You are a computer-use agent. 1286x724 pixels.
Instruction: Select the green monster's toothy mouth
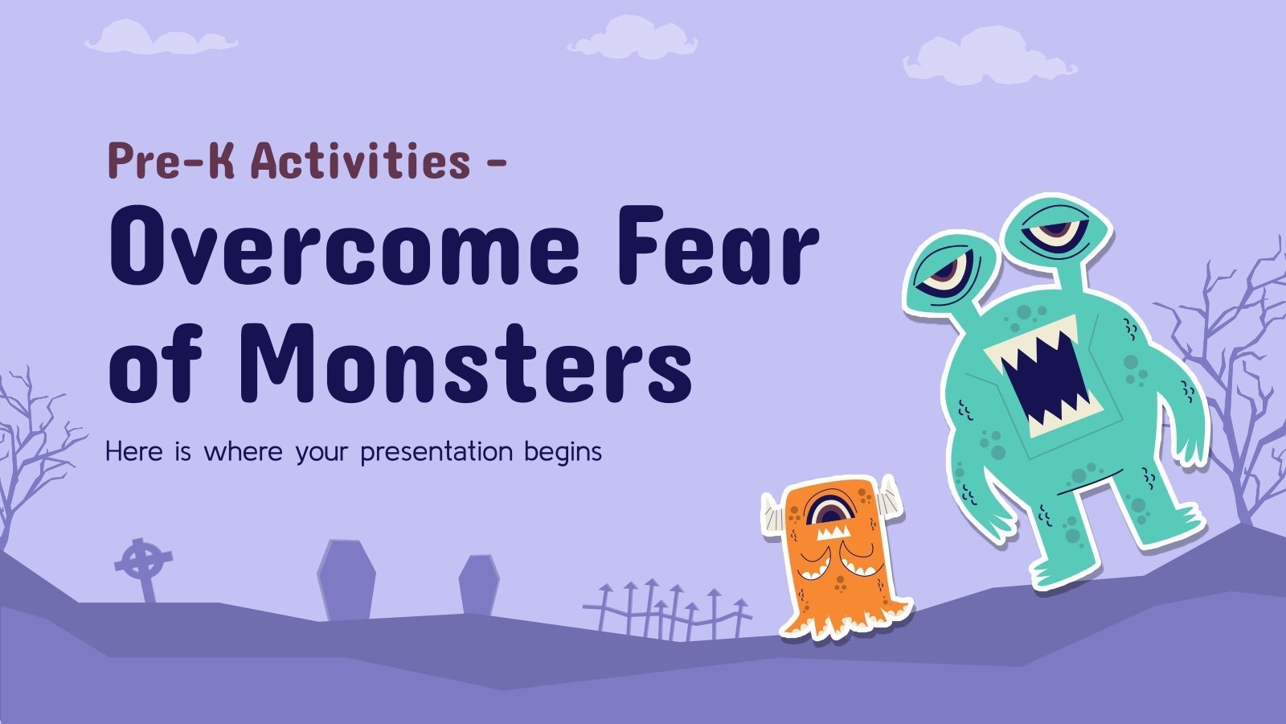1045,372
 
